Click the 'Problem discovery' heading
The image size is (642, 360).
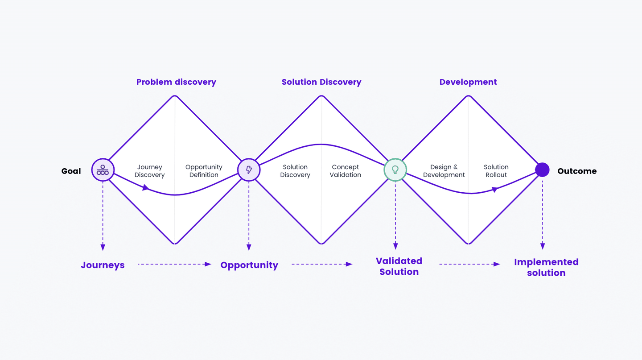point(176,82)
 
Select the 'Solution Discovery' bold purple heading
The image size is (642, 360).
point(321,82)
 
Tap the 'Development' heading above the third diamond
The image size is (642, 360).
point(468,82)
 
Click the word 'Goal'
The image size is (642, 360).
point(71,171)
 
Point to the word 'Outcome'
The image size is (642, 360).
point(577,171)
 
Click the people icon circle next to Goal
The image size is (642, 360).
point(103,170)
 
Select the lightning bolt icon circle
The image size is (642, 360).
point(249,170)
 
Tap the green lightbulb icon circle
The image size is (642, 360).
point(395,170)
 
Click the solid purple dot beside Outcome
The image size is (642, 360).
point(542,170)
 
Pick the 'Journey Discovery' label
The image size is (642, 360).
point(150,171)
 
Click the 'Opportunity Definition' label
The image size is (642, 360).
point(204,171)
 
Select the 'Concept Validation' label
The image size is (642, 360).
point(346,171)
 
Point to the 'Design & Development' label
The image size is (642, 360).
point(444,171)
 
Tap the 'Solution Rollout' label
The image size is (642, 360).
point(496,171)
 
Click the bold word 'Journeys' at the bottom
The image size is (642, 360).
point(103,265)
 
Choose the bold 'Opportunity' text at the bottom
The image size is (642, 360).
point(249,265)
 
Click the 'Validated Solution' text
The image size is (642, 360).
point(399,266)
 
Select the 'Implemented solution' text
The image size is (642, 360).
point(546,267)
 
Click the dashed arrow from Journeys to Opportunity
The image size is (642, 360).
point(174,264)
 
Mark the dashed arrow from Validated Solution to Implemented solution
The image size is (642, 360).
point(469,264)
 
